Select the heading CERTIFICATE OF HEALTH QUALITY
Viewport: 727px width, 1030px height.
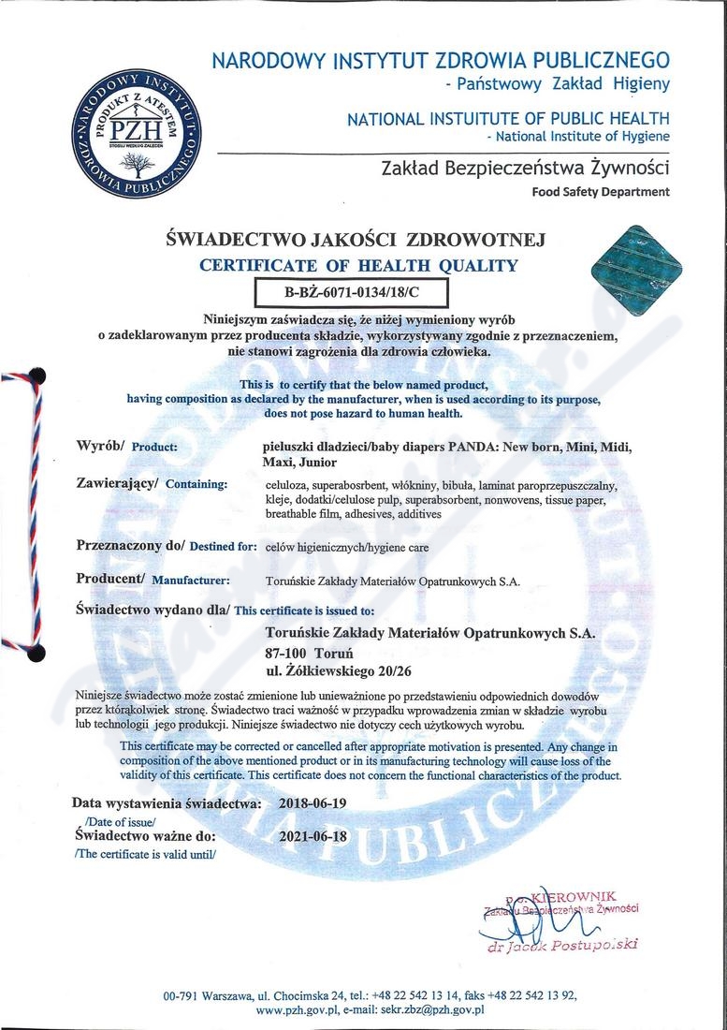[x=358, y=266]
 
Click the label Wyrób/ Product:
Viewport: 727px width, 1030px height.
[x=127, y=446]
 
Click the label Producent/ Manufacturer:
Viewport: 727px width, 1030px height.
[x=153, y=580]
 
